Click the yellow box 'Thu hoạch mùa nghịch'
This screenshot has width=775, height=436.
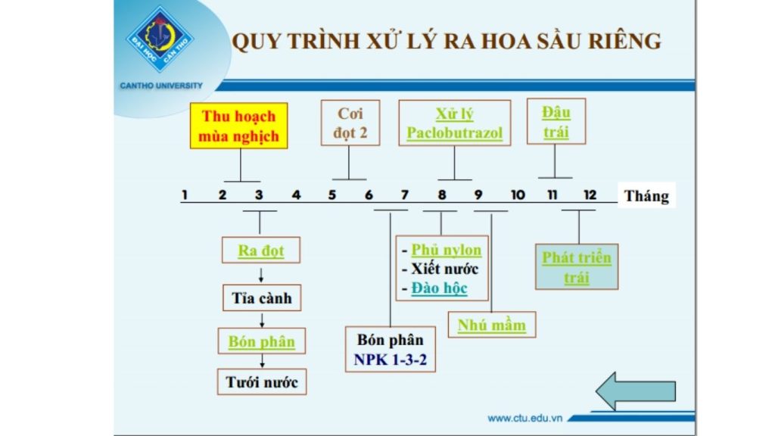pyautogui.click(x=239, y=126)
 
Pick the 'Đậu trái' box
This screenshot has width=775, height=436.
pyautogui.click(x=556, y=122)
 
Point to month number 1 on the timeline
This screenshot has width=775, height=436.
pyautogui.click(x=185, y=195)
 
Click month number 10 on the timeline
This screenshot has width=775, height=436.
pyautogui.click(x=517, y=195)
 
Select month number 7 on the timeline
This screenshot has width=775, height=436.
pyautogui.click(x=404, y=195)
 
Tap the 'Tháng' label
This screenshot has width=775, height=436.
pyautogui.click(x=646, y=196)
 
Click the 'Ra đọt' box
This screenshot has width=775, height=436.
pyautogui.click(x=260, y=251)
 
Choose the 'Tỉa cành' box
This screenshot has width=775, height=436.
pyautogui.click(x=260, y=297)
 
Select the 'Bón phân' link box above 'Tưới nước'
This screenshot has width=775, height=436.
pyautogui.click(x=261, y=341)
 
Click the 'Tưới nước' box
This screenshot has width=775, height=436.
pyautogui.click(x=262, y=382)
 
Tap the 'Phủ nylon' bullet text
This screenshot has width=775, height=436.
pyautogui.click(x=446, y=250)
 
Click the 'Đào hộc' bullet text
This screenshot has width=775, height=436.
pyautogui.click(x=439, y=288)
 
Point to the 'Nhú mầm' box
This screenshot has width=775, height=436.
pyautogui.click(x=491, y=325)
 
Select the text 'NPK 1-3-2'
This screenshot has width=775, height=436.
pyautogui.click(x=390, y=360)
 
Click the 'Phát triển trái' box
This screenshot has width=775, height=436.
pyautogui.click(x=576, y=267)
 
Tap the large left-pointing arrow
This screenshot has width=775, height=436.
pyautogui.click(x=635, y=391)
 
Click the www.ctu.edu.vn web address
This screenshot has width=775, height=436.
pyautogui.click(x=526, y=418)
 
